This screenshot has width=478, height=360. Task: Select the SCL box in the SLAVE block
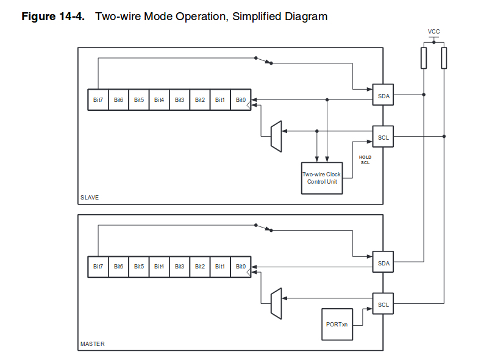point(383,137)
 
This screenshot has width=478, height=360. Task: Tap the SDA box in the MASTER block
point(383,262)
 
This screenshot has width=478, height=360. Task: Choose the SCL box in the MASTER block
point(383,304)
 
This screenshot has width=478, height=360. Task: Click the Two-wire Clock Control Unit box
point(322,178)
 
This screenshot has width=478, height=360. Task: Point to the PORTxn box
point(337,324)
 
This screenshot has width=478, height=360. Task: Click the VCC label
point(433,31)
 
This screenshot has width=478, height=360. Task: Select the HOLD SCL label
point(365,160)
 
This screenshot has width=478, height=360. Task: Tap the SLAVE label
point(90,198)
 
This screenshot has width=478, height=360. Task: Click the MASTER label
point(92,344)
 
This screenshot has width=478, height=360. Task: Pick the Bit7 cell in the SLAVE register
point(98,99)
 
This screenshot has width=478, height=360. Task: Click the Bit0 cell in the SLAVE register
point(241,99)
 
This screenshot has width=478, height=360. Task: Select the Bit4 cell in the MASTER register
point(159,267)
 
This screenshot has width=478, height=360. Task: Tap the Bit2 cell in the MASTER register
point(200,267)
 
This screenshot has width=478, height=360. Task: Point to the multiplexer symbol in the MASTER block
point(276,303)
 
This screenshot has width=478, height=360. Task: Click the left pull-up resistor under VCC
point(423,58)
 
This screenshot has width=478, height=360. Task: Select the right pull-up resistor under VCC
point(444,58)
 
